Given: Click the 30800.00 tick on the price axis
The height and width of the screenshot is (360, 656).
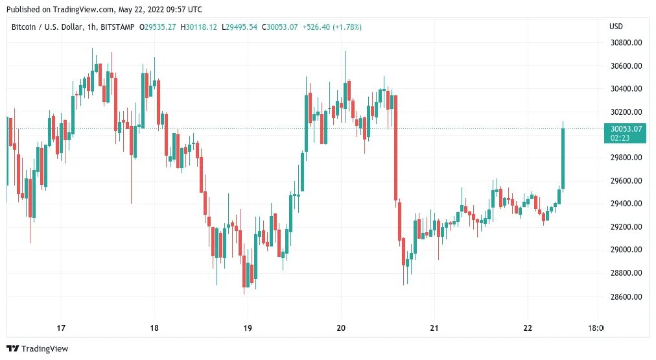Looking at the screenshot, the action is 626,42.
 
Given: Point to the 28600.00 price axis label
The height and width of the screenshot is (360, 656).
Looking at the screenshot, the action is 626,297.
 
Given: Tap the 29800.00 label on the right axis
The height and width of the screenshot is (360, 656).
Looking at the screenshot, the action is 626,158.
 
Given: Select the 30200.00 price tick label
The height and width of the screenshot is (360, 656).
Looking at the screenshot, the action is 626,112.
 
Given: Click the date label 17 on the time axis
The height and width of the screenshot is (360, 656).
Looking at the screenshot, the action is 61,328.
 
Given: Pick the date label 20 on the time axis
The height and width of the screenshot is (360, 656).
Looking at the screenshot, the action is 341,328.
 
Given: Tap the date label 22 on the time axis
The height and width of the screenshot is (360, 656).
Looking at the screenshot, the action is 528,328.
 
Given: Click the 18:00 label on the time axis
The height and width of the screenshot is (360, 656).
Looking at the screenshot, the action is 596,328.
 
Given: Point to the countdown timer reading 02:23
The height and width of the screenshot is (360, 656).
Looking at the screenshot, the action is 620,138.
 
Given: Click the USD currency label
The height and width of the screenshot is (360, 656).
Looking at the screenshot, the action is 616,27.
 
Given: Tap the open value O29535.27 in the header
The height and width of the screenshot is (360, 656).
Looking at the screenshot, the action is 158,27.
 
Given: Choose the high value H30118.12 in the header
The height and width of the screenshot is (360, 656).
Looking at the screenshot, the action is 199,27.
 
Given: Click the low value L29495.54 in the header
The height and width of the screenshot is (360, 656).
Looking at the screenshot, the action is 239,27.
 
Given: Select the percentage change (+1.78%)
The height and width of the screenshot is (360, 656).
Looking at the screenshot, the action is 347,27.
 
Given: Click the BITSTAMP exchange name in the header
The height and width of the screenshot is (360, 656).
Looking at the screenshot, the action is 117,27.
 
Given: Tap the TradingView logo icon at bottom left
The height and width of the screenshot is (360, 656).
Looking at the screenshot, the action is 12,348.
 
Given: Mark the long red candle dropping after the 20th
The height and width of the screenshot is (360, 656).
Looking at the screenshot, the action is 395,148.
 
